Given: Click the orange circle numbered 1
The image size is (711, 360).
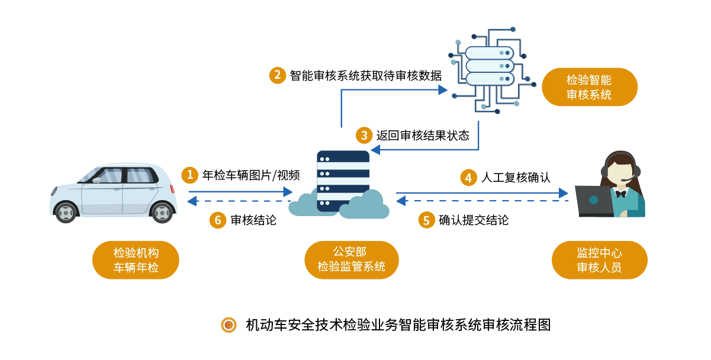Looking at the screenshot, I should click(x=190, y=175).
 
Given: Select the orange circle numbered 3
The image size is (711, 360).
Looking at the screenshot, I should click(x=363, y=136).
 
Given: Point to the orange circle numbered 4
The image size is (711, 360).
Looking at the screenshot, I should click(x=469, y=177).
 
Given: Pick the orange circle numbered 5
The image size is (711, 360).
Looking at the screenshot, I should click(x=426, y=220).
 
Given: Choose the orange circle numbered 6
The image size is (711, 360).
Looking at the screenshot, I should click(x=218, y=220).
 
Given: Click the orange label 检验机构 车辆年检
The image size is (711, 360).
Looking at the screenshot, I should click(x=136, y=260).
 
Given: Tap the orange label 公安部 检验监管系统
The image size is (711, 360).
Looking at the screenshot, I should click(x=351, y=260).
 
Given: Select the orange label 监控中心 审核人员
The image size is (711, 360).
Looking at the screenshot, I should click(x=599, y=260).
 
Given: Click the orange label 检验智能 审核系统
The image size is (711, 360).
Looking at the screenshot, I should click(x=589, y=87).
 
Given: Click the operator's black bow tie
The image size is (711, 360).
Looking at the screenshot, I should click(x=620, y=193).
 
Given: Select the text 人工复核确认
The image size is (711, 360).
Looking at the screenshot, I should click(x=516, y=177).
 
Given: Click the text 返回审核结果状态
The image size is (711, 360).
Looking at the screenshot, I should click(x=423, y=136).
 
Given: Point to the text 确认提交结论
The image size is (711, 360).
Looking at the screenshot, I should click(x=474, y=220).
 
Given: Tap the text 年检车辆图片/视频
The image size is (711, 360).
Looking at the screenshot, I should click(x=251, y=175).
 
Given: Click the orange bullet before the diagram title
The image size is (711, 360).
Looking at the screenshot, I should click(x=228, y=325).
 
